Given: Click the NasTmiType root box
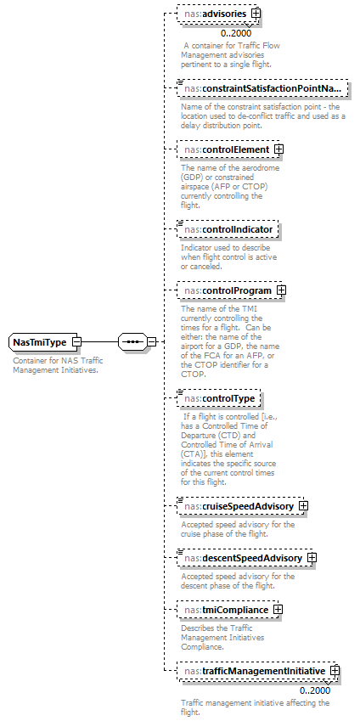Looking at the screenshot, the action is tap(40, 342).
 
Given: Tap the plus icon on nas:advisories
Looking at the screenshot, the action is tap(255, 14).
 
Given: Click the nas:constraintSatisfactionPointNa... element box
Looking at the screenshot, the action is tap(262, 88).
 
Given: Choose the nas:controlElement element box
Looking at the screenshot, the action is tap(223, 149).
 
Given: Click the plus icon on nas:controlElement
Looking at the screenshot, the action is tap(278, 149).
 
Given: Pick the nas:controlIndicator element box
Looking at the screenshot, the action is tap(227, 229).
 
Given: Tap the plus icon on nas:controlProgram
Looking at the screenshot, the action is tap(281, 290).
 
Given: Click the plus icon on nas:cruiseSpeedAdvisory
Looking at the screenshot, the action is tap(302, 506).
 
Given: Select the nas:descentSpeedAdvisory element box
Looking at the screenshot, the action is tap(240, 558).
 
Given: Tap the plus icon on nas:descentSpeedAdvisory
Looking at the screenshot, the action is tap(312, 558).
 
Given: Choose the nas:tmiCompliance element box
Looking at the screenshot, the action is tap(223, 610).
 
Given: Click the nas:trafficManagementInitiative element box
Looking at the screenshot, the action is tap(252, 671).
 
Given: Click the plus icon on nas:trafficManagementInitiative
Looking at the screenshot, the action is tap(335, 671).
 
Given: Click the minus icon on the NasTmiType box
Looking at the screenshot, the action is tap(76, 342).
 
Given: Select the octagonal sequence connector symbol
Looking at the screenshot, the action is tap(131, 341).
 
